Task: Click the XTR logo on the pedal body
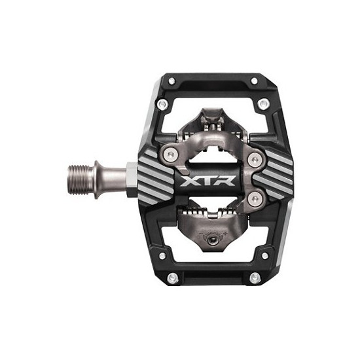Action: pos(207,181)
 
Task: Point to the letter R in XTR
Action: pos(226,181)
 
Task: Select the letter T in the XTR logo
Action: pos(207,181)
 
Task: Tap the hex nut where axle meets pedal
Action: pos(132,180)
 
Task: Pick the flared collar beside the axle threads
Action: pos(99,180)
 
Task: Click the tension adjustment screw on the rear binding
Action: pos(212,240)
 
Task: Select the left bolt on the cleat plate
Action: pos(170,154)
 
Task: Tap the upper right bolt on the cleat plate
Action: pos(255,159)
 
